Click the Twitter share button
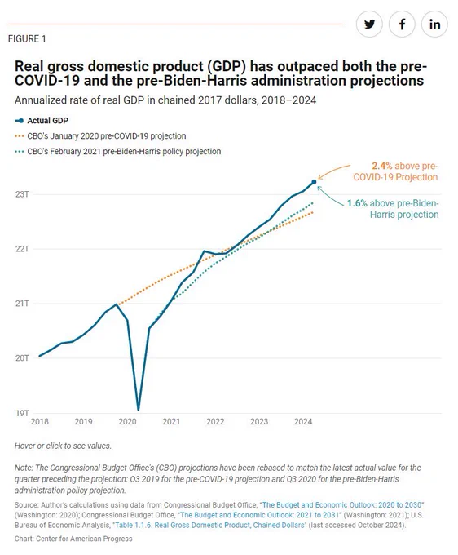pos(369,24)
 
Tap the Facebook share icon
pos(402,24)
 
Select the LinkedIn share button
pos(434,24)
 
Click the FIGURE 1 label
pos(27,39)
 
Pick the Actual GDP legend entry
pos(42,121)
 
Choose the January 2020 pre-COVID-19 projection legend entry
pos(100,136)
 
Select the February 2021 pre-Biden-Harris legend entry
pos(117,152)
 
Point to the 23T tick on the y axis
pos(22,194)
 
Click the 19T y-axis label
pos(22,413)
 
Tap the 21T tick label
pos(22,304)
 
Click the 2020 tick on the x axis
pos(127,422)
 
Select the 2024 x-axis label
pos(303,422)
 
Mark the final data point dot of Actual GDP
pos(314,182)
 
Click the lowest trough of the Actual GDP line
pos(139,410)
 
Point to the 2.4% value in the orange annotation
pos(381,166)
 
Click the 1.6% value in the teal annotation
pos(357,203)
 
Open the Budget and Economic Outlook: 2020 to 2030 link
pos(342,505)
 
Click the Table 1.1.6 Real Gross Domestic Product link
pos(210,526)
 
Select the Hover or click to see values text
pos(63,446)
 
